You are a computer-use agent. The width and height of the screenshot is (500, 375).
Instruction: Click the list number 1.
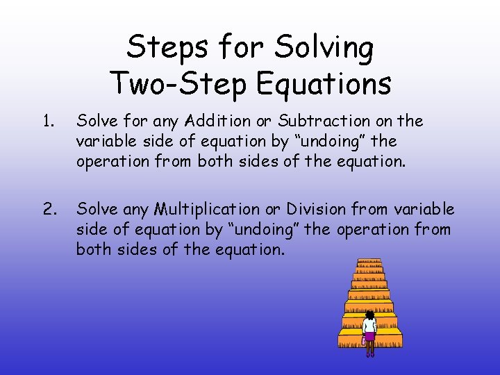click(47, 122)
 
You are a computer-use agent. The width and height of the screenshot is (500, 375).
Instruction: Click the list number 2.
click(48, 209)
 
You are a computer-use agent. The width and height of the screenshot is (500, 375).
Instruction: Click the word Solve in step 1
click(96, 122)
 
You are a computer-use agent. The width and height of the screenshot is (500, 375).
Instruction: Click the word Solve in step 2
click(96, 209)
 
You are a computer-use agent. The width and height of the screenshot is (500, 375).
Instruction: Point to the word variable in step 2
click(424, 209)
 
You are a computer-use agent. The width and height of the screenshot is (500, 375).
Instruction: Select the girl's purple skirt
click(369, 336)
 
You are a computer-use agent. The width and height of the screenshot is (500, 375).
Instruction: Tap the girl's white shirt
click(369, 325)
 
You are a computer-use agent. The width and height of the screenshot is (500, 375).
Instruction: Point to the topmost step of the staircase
click(369, 262)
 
